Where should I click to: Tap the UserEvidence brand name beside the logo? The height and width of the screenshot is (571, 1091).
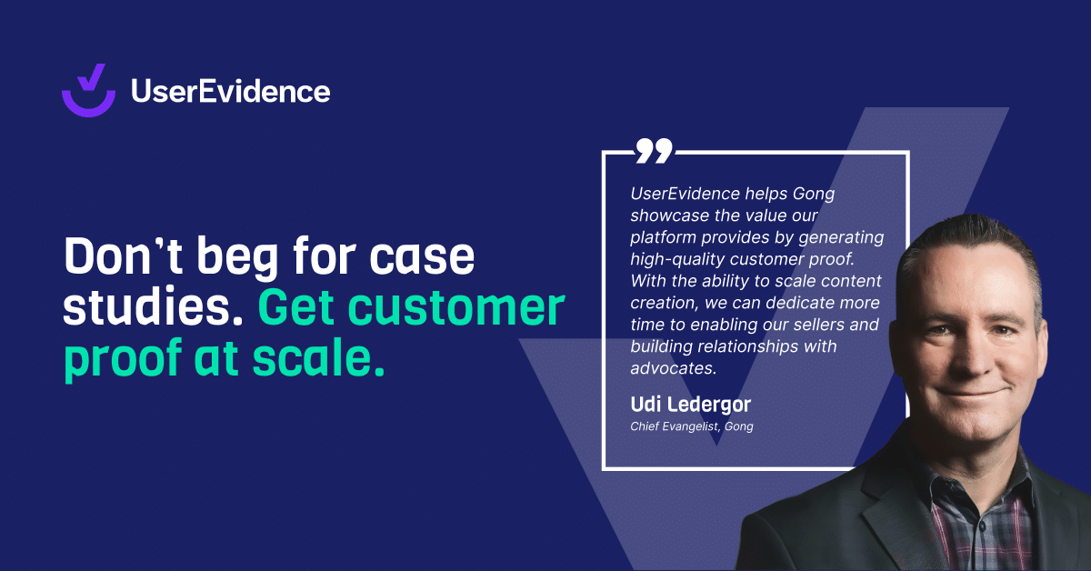coord(230,91)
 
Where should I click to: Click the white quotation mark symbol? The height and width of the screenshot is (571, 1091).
coord(654,151)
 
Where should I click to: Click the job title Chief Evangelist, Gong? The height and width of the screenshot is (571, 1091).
coord(691,426)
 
